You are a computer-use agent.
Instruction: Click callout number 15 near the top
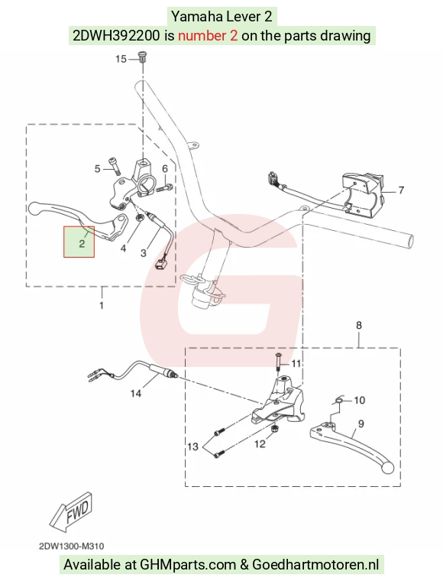[121, 59]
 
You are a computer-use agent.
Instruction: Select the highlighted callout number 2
[82, 243]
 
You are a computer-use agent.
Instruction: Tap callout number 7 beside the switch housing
[401, 190]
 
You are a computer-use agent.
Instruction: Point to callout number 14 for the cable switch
[136, 393]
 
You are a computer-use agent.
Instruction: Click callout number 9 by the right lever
[361, 424]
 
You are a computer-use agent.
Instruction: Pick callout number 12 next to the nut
[260, 443]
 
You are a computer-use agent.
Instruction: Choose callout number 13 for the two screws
[192, 446]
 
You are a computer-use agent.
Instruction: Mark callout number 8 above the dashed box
[359, 326]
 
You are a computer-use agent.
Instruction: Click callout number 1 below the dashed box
[102, 305]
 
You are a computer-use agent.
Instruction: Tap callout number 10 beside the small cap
[359, 400]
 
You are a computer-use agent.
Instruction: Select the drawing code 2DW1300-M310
[72, 546]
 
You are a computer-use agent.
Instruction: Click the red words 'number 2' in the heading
[208, 36]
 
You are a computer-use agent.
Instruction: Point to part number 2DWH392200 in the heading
[117, 36]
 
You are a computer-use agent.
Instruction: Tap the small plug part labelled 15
[143, 57]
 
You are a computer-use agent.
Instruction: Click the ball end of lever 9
[387, 467]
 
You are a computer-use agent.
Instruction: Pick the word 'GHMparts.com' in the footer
[188, 565]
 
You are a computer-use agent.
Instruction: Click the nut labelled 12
[275, 429]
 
